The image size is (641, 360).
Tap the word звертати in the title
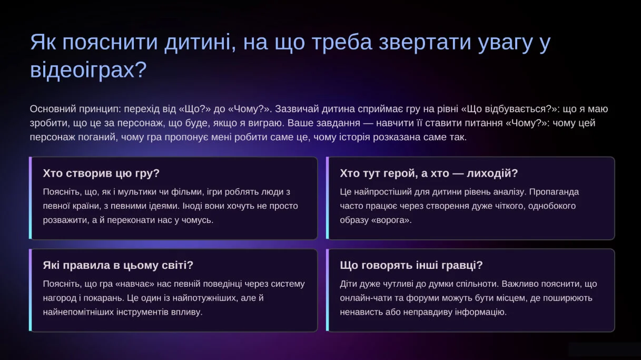pos(425,42)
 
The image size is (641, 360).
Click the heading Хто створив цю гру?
pos(101,173)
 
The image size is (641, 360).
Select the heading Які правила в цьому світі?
pos(118,265)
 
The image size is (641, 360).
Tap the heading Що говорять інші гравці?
pos(411,265)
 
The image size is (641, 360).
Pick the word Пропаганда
pos(554,192)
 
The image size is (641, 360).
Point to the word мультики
pos(139,192)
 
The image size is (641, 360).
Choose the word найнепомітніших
pos(78,312)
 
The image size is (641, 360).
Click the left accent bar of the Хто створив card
pos(31,198)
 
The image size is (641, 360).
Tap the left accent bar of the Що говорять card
pos(328,290)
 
